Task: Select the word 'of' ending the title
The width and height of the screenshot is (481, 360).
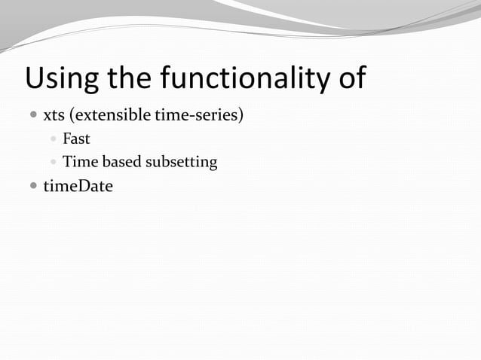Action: (x=351, y=78)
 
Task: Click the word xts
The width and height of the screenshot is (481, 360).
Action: (x=54, y=117)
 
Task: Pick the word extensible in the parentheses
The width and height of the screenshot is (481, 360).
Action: (x=112, y=117)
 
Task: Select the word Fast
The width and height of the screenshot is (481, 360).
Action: (x=76, y=139)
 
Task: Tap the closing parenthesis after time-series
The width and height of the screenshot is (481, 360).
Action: (x=240, y=117)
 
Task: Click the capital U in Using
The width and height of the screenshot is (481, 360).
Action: (x=35, y=78)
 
